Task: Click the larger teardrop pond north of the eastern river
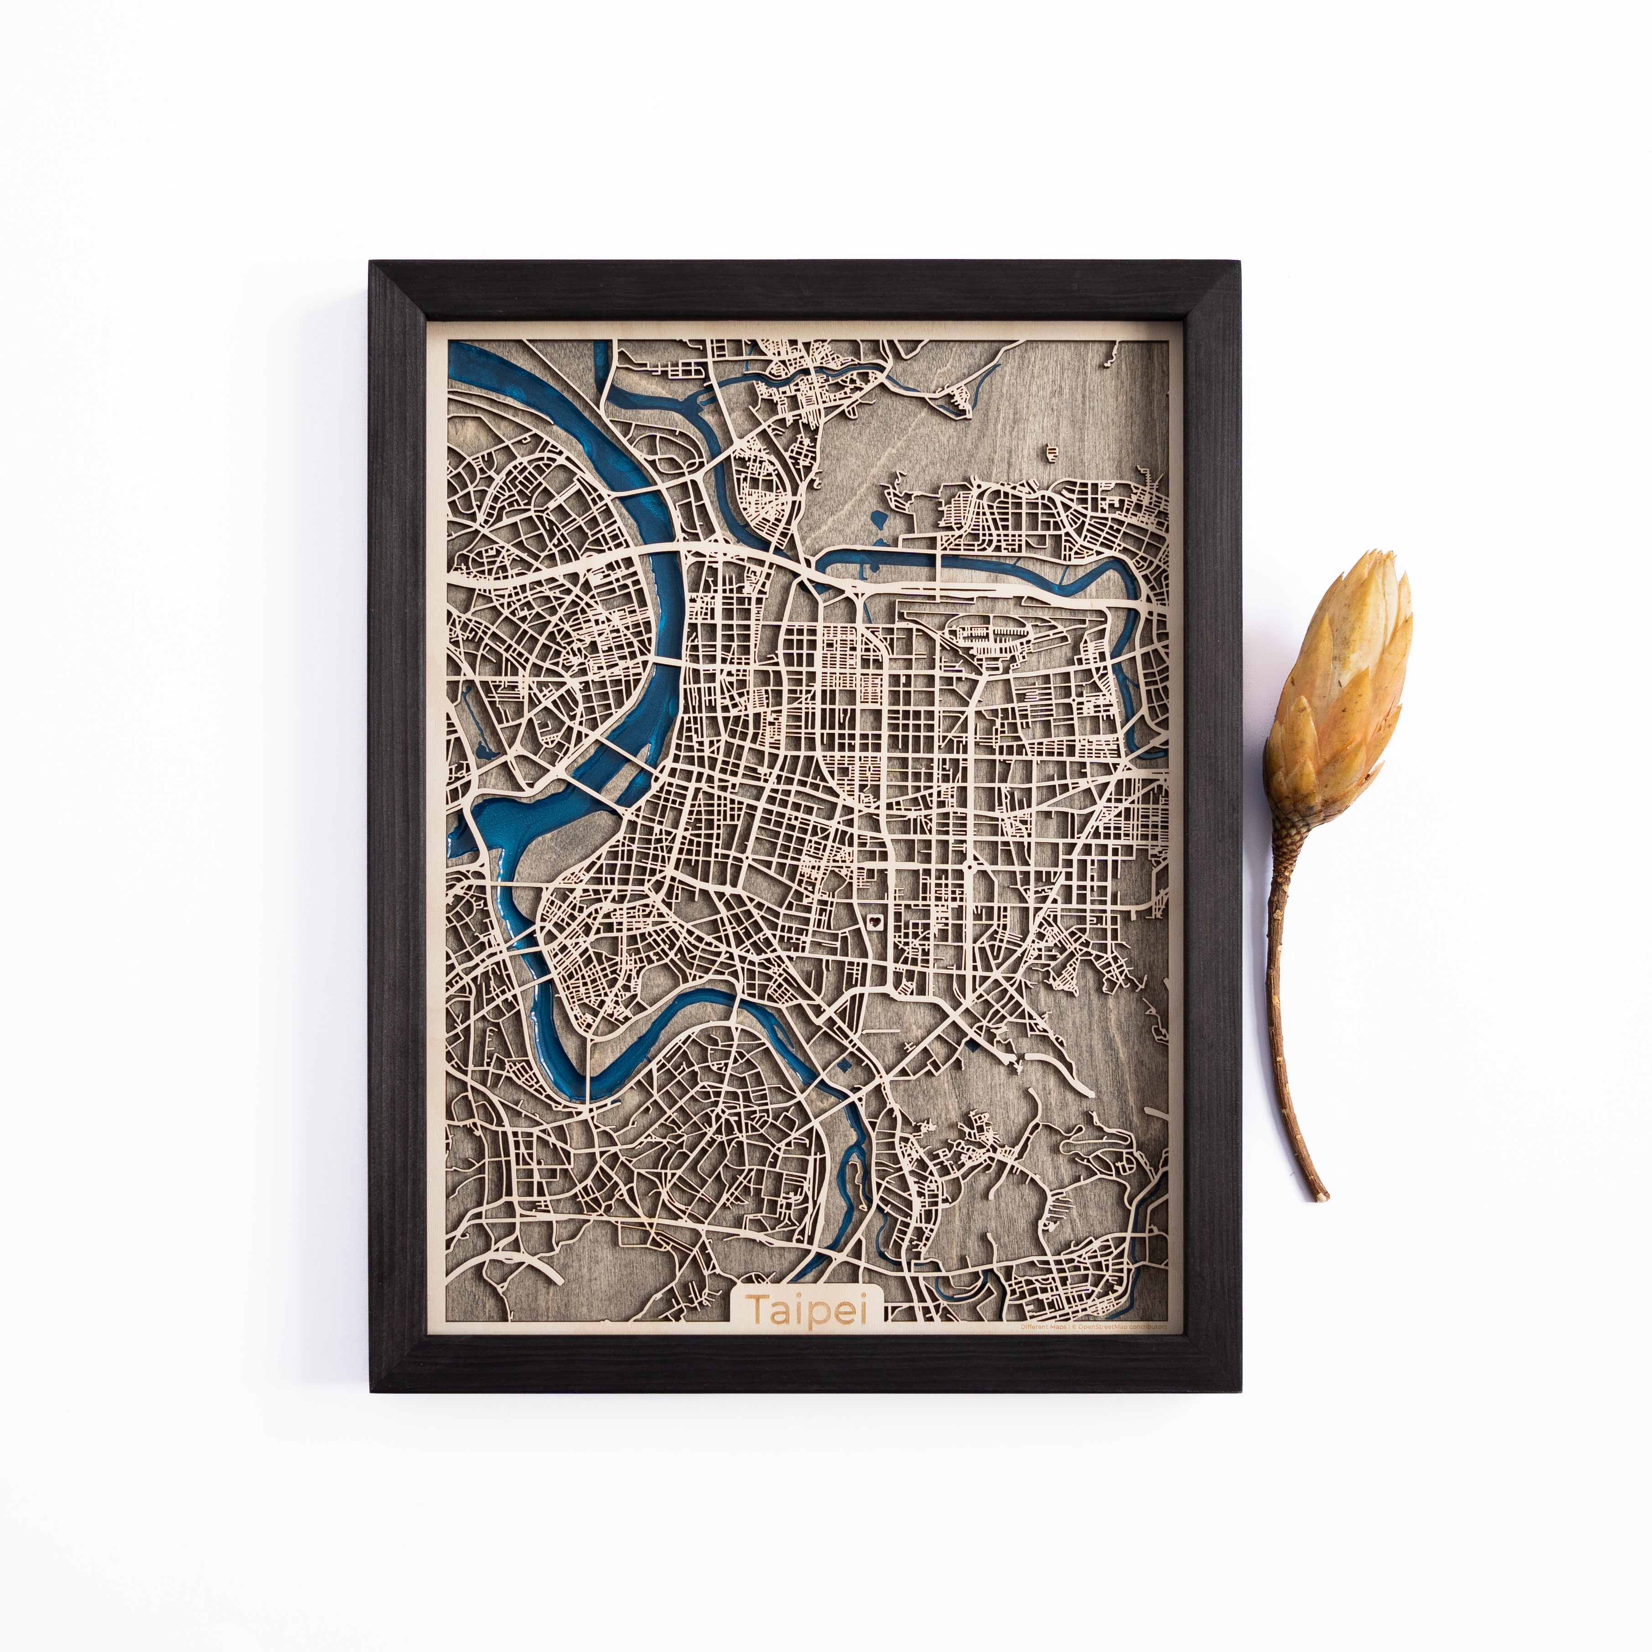879,519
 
